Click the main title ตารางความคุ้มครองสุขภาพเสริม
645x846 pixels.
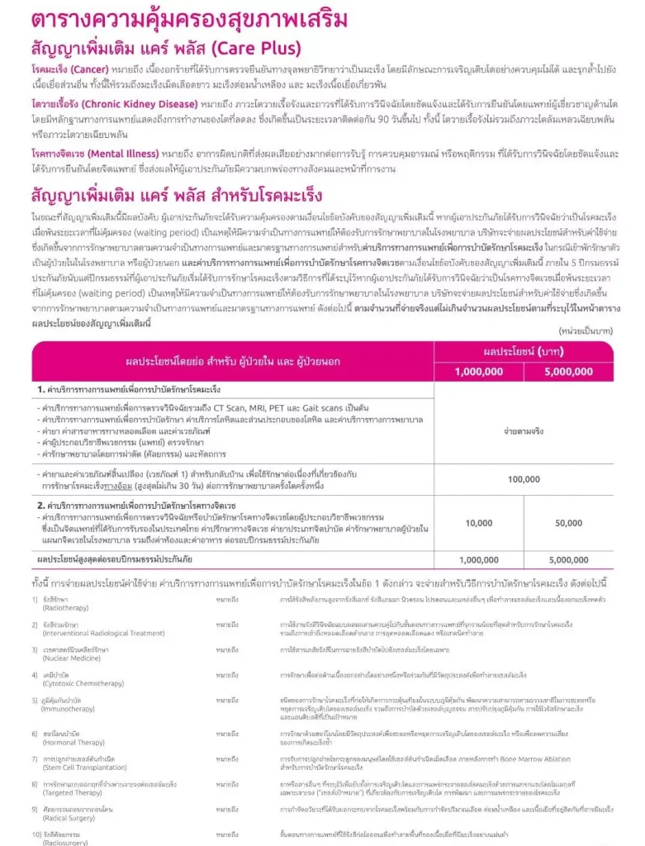pos(176,20)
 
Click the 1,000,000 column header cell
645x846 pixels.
pos(478,371)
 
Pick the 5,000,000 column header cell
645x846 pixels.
pos(569,371)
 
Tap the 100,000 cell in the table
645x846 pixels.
pos(524,478)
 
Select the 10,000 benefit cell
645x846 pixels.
pos(478,523)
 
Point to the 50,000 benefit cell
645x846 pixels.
pos(569,523)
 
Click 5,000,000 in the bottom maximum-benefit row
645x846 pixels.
pos(569,559)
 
